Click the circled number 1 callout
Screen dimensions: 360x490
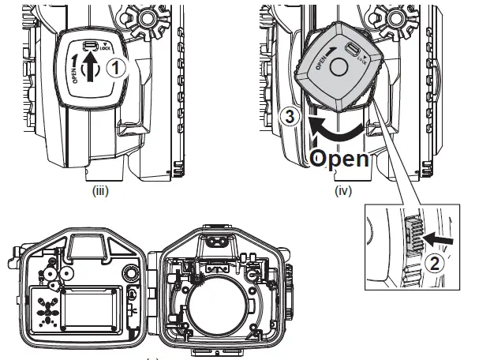pyautogui.click(x=116, y=69)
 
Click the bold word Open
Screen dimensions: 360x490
pyautogui.click(x=339, y=157)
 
